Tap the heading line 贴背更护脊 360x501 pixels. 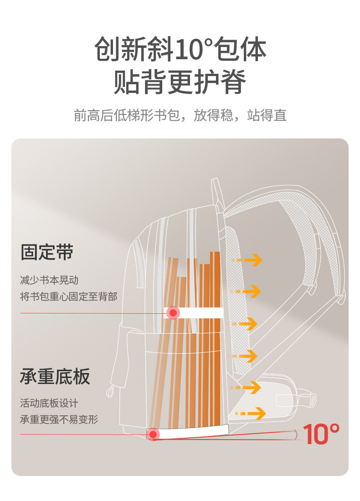(180, 82)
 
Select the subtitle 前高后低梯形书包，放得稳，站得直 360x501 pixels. (180, 115)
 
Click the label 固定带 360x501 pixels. (47, 252)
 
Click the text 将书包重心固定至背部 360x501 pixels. (69, 297)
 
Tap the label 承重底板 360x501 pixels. (55, 377)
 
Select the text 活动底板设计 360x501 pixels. (49, 403)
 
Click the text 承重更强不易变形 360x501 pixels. (59, 419)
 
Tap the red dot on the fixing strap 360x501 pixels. (173, 313)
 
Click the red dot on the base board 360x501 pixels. (153, 435)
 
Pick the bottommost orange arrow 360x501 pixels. (250, 414)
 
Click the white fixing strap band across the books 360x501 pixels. (201, 313)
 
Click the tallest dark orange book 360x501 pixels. (215, 337)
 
